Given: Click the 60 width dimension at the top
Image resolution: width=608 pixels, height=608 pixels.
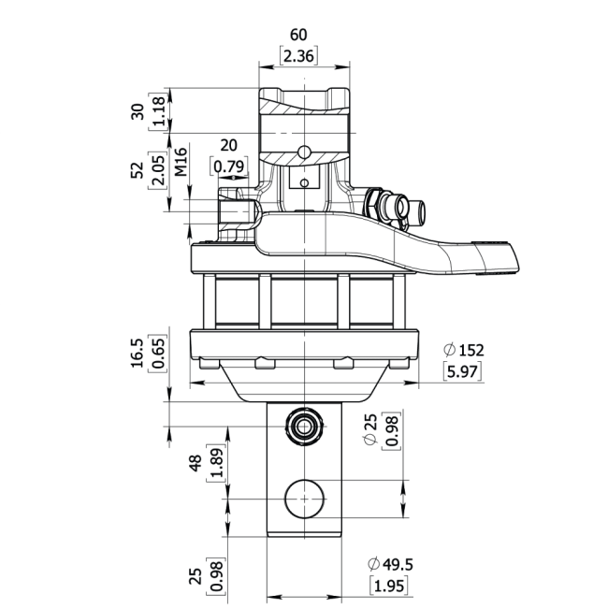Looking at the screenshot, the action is [298, 35].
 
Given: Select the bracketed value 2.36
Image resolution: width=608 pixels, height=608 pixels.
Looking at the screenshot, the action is [298, 56].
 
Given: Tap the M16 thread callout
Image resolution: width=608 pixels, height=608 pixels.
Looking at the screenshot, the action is [181, 162].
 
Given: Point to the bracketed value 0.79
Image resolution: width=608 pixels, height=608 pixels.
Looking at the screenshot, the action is [229, 166].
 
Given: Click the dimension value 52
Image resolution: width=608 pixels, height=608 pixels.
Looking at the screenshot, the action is [137, 170].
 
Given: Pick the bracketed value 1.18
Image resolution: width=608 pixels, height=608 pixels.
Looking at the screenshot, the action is [158, 111].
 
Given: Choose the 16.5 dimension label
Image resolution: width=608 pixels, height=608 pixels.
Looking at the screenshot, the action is [137, 353].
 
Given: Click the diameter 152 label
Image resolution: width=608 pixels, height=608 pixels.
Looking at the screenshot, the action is [464, 350].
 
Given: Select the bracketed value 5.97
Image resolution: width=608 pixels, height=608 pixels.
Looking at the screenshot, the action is [462, 372].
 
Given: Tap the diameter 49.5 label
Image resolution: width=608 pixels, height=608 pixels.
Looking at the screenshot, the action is [390, 564].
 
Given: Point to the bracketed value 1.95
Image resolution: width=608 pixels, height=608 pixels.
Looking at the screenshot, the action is [389, 586].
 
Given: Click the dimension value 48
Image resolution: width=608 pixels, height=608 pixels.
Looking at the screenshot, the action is [195, 463].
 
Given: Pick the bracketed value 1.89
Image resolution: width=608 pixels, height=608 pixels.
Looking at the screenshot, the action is [216, 463].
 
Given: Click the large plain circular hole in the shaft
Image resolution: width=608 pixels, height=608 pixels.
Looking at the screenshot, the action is [304, 499].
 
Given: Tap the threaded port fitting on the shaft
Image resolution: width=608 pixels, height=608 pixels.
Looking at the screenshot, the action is [304, 427].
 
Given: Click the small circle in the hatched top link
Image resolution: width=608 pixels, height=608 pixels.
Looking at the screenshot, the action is [304, 152].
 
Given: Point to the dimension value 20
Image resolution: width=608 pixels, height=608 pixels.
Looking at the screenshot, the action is [228, 145].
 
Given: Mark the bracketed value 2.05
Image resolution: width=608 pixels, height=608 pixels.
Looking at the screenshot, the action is [158, 170].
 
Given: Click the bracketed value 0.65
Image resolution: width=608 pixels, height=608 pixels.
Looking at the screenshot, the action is [158, 353].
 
